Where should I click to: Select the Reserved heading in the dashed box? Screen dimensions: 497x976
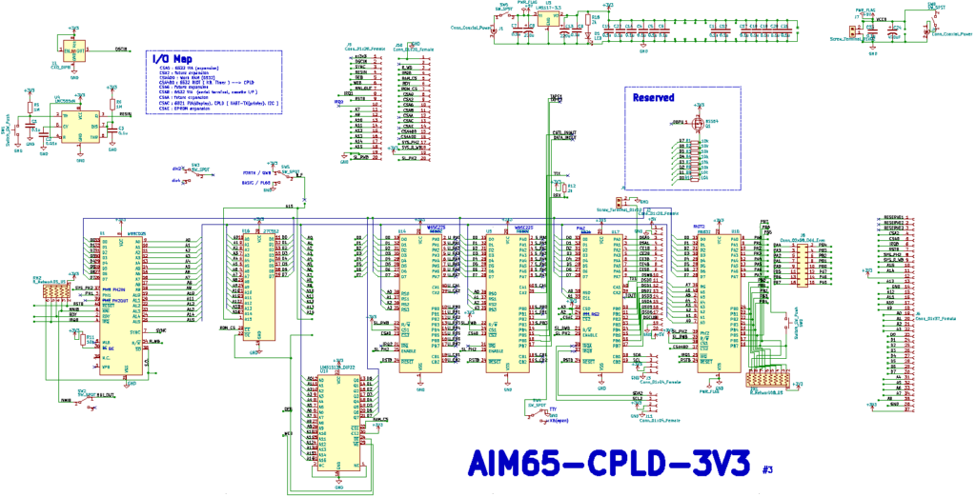pos(654,97)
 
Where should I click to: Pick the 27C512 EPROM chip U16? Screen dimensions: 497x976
pos(254,286)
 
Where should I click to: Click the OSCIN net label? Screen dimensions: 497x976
pos(122,49)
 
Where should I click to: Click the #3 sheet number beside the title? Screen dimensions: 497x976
pos(768,468)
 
